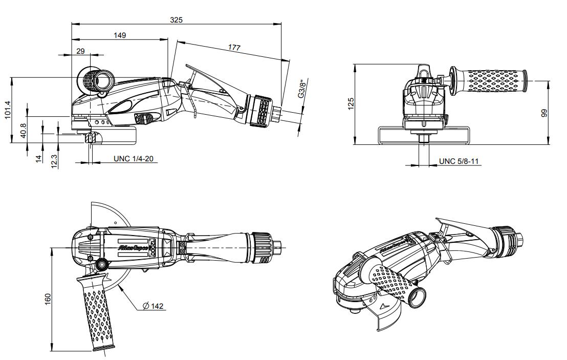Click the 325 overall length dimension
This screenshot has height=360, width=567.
(x=177, y=19)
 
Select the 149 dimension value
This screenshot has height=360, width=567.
(x=120, y=35)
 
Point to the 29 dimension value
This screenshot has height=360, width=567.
(x=81, y=50)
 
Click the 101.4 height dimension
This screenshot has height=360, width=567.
(x=8, y=110)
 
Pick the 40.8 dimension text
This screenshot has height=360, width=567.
(x=24, y=130)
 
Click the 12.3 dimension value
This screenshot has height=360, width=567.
(x=54, y=160)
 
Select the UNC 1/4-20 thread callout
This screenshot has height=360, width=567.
(x=133, y=159)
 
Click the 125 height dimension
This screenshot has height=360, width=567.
(x=350, y=104)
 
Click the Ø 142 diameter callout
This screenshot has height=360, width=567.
(x=153, y=306)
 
